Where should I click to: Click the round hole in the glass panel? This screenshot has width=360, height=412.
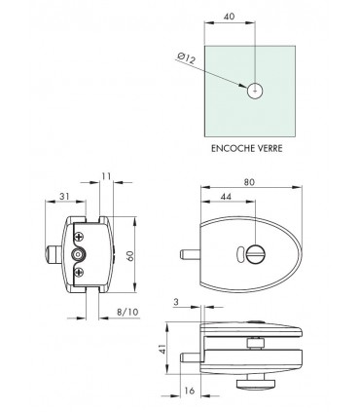coord(254,92)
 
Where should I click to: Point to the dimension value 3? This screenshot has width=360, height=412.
coord(176,304)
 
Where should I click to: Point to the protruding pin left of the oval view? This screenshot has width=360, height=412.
coord(188,257)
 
